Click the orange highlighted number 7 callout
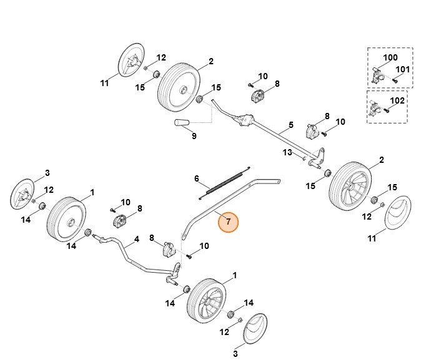pyautogui.click(x=229, y=221)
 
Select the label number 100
pyautogui.click(x=390, y=58)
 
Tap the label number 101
pyautogui.click(x=404, y=69)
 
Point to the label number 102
pyautogui.click(x=397, y=100)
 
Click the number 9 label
pyautogui.click(x=194, y=136)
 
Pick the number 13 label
pyautogui.click(x=287, y=152)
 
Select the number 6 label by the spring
pyautogui.click(x=197, y=179)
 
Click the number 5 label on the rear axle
pyautogui.click(x=290, y=125)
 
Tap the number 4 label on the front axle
pyautogui.click(x=137, y=238)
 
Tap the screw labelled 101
pyautogui.click(x=395, y=80)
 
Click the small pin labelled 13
pyautogui.click(x=304, y=157)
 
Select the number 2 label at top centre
pyautogui.click(x=211, y=61)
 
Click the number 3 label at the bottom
pyautogui.click(x=235, y=354)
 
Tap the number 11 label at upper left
pyautogui.click(x=105, y=82)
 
